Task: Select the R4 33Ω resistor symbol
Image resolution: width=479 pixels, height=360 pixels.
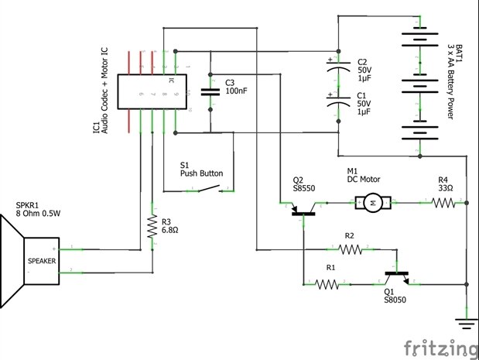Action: pyautogui.click(x=443, y=203)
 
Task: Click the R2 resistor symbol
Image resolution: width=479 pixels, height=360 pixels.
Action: pyautogui.click(x=350, y=249)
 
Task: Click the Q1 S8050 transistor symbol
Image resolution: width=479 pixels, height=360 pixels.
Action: pyautogui.click(x=396, y=276)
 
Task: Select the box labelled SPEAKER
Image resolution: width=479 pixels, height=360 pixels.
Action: pyautogui.click(x=42, y=261)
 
